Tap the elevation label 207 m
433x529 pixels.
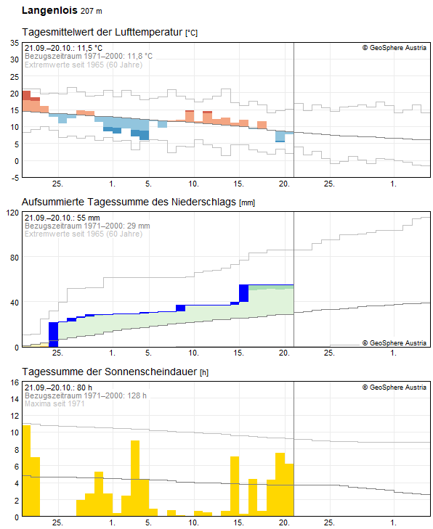(x=91, y=12)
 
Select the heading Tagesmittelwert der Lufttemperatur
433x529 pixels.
(x=102, y=33)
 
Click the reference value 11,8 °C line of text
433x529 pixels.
(x=89, y=56)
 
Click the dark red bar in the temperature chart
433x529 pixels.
(x=26, y=95)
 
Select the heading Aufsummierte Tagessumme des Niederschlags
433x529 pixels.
(x=130, y=202)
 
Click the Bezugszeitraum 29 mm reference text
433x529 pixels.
(x=87, y=226)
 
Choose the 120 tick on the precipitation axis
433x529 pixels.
(x=12, y=213)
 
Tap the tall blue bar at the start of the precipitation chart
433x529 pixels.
(x=53, y=334)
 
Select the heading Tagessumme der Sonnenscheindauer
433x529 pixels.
(x=110, y=372)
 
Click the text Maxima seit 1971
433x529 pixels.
(x=54, y=403)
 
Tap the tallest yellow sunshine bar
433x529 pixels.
(x=26, y=470)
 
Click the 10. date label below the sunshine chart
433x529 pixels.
(x=193, y=522)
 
